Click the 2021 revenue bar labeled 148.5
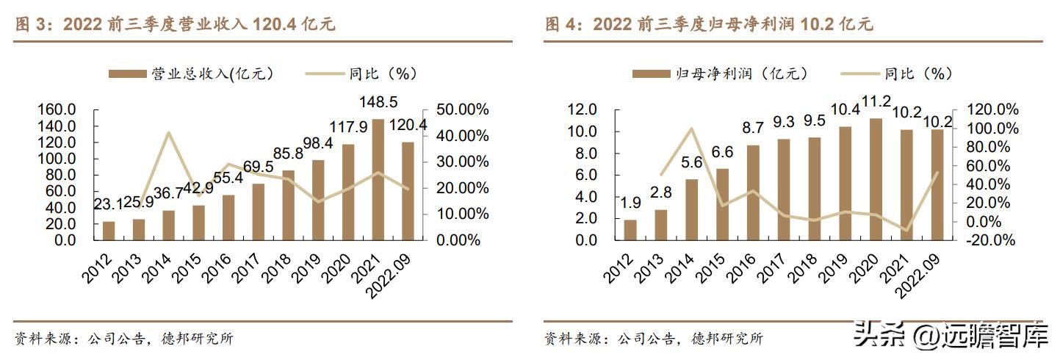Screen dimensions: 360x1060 378,176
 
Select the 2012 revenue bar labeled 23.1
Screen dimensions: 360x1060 109,231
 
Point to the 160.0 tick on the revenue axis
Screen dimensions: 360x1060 57,109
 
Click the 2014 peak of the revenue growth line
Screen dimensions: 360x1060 169,133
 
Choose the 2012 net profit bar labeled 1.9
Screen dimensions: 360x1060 630,230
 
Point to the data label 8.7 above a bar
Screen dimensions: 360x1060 753,128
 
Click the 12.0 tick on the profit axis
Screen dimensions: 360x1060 581,109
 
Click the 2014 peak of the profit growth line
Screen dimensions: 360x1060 691,129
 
